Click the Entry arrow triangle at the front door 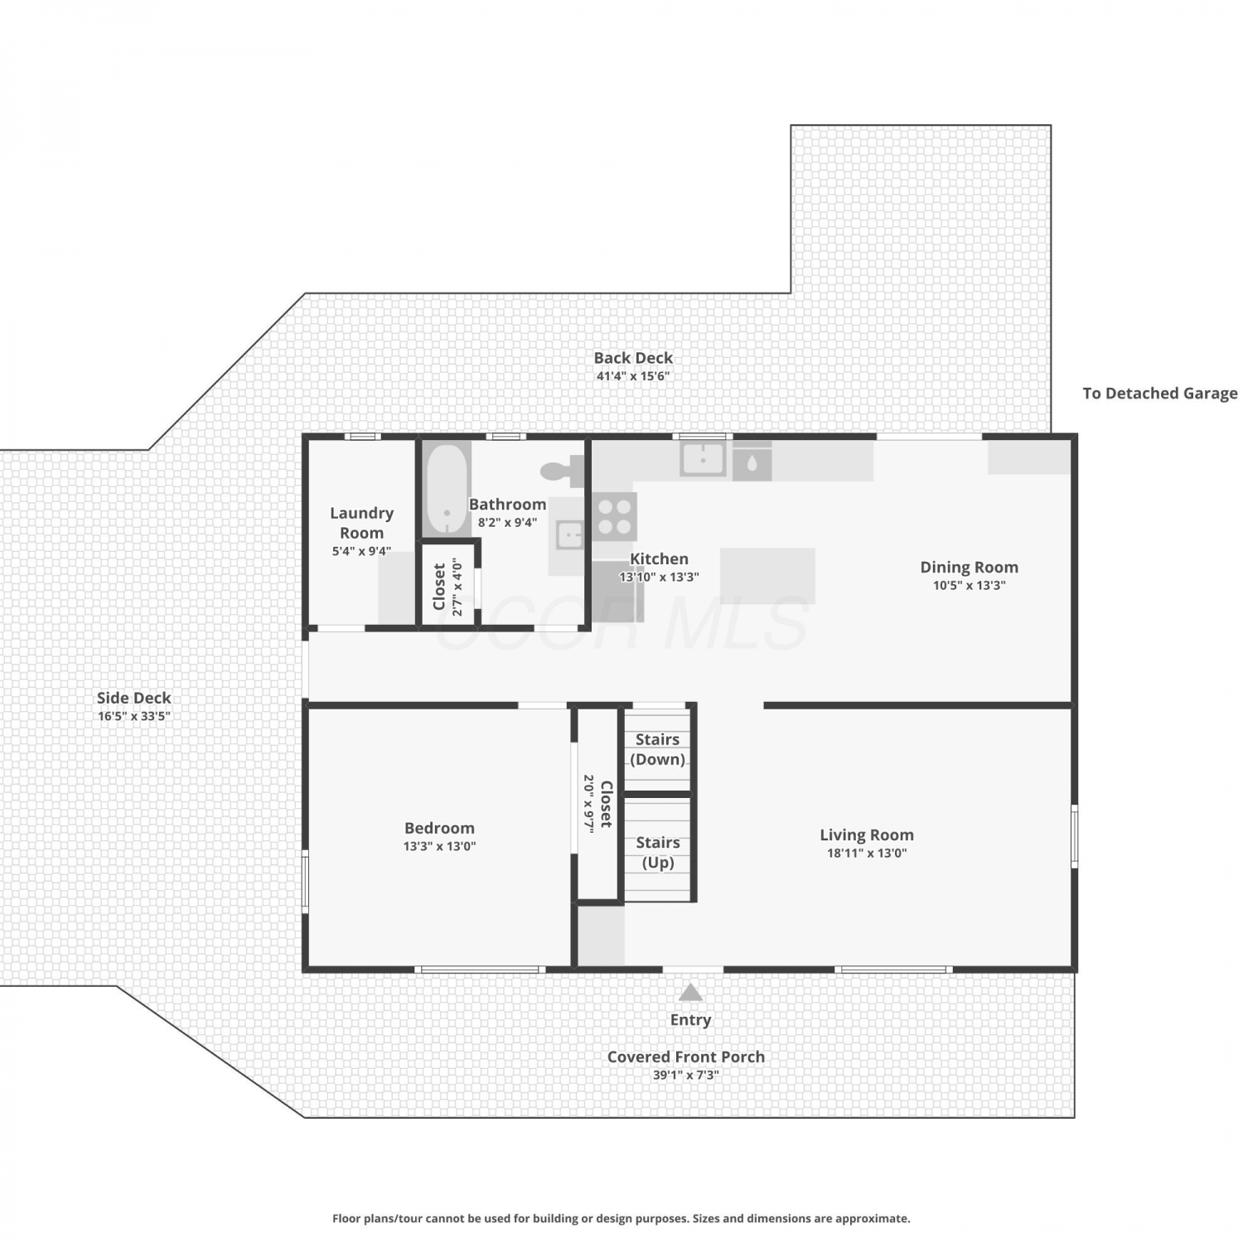coord(690,992)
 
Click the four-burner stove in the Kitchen coord(614,516)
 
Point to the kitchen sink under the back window coord(703,458)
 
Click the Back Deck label coord(633,358)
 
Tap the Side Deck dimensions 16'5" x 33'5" coord(134,716)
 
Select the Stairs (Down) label coord(658,749)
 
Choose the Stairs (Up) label coord(658,852)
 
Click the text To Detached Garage coord(1160,394)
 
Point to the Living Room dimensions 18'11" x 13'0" coord(867,853)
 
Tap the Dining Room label coord(969,568)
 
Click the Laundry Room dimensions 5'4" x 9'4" coord(361,551)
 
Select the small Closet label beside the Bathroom coord(439,587)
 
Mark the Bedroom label coord(439,828)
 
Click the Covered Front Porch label coord(686,1057)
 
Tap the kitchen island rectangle coord(767,575)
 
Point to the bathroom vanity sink coord(570,534)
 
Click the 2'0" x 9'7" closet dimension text coord(588,804)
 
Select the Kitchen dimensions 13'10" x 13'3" coord(660,577)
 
